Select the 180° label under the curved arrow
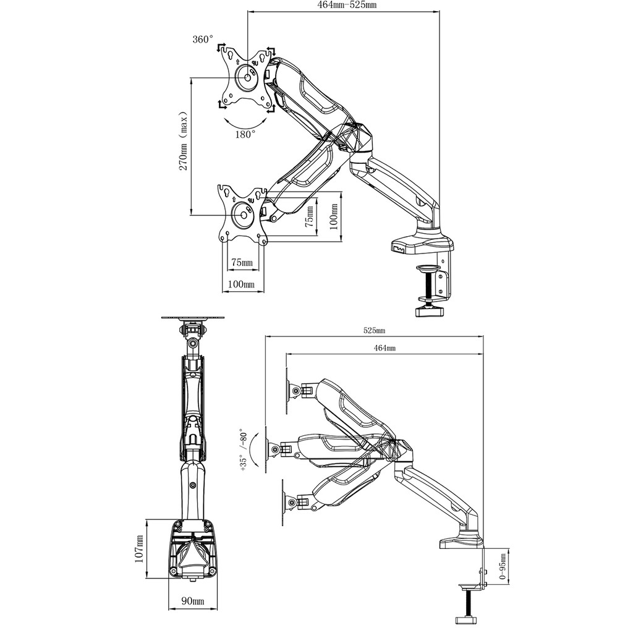pos(245,134)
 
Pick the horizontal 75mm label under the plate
pos(241,263)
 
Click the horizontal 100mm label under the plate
pos(241,284)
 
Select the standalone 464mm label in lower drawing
pos(384,349)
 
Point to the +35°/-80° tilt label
pos(243,451)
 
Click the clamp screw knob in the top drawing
pos(430,309)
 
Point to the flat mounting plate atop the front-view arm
pos(193,318)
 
